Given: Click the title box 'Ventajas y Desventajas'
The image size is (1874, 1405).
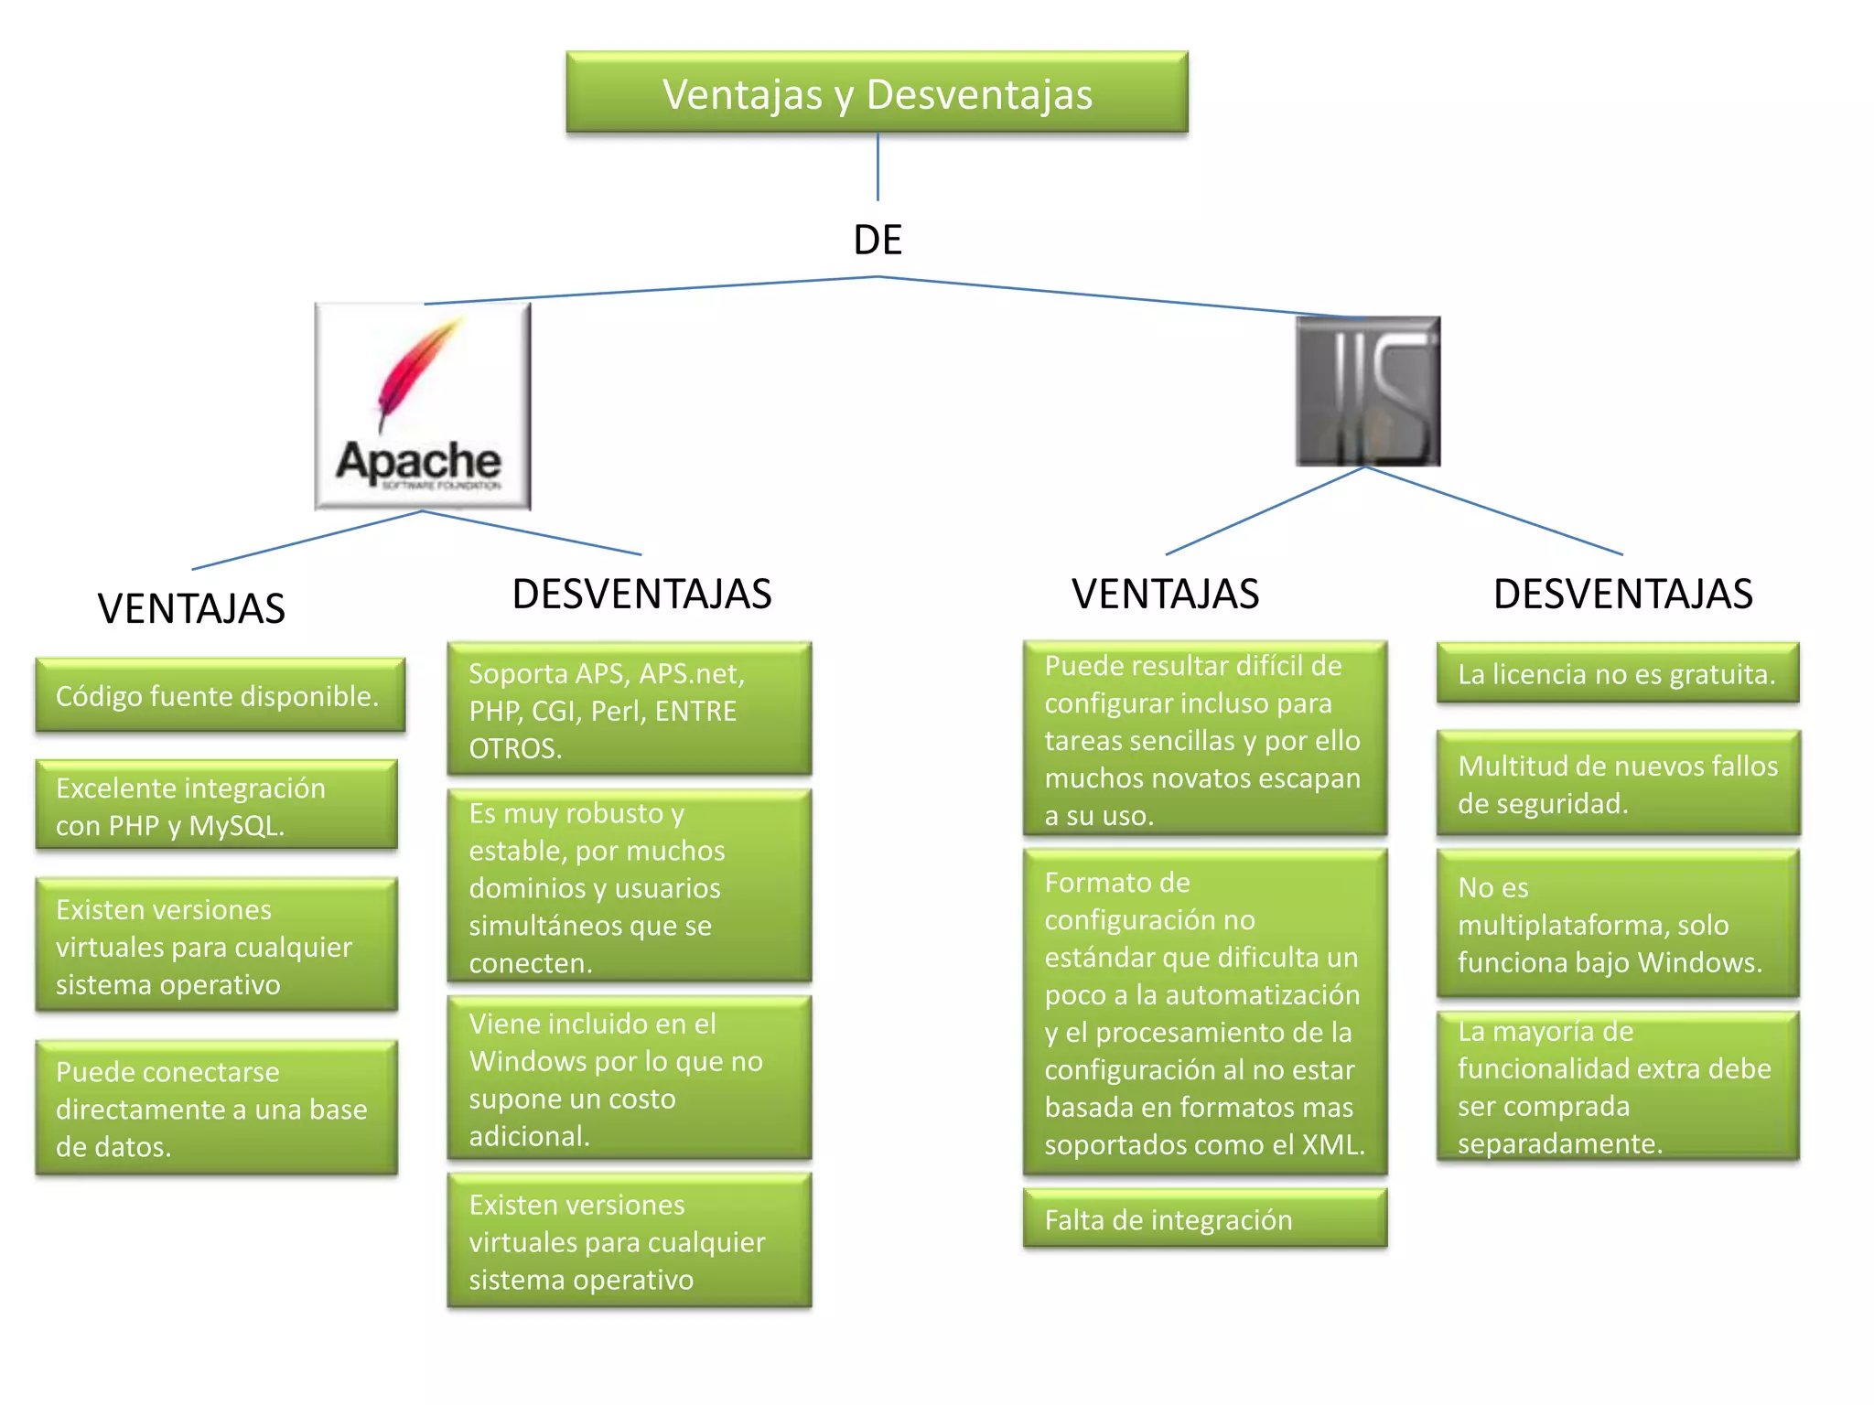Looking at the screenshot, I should point(877,93).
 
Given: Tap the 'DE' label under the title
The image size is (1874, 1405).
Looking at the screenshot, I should point(878,240).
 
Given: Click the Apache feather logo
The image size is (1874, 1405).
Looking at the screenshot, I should point(422,406).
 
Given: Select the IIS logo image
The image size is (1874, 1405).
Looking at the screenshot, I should point(1368,391).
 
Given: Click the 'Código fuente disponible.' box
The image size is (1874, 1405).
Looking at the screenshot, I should point(220,696).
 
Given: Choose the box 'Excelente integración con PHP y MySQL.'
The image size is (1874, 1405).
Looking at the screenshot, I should point(216,806).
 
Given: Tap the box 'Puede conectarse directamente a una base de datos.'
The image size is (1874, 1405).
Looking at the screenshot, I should point(216,1108).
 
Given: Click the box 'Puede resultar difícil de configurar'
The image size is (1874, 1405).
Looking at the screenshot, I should point(1205,739).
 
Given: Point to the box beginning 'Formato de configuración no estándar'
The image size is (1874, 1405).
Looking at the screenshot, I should point(1205,1013).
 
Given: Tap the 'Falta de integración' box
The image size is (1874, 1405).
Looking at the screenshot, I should point(1205,1219).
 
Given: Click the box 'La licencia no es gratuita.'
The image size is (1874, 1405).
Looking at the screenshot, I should point(1617,674).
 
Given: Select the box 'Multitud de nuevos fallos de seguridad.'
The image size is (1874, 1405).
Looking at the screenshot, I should point(1618,784).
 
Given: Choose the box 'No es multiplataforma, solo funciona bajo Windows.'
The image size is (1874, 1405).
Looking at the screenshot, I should point(1618,924).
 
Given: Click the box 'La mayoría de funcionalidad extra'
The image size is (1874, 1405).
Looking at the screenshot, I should point(1618,1087).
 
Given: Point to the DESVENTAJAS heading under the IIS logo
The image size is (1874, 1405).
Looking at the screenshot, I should point(1622,594).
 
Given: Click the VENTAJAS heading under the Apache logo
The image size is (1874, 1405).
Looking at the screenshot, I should point(191,609).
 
